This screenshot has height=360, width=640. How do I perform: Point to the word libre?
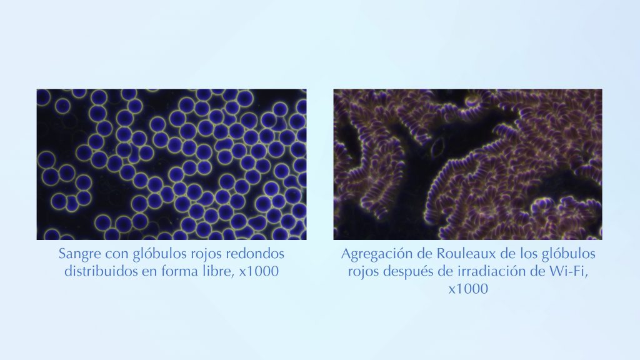219,271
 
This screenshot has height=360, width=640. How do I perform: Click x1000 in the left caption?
259,271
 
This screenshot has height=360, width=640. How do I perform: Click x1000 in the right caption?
468,289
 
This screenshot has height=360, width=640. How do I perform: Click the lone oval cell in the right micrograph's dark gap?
438,146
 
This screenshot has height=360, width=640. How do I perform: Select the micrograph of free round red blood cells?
171,164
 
